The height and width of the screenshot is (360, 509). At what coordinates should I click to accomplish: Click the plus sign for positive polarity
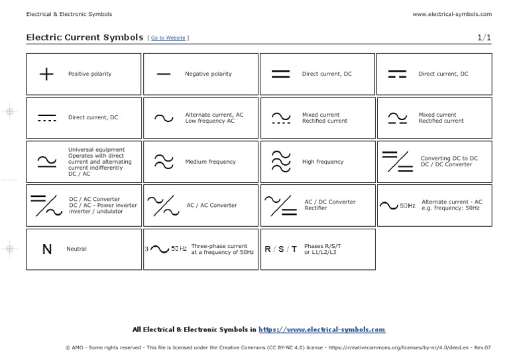[46, 74]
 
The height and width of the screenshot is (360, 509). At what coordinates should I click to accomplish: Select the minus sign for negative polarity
[164, 74]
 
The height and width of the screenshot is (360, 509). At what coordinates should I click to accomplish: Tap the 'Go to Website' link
[168, 38]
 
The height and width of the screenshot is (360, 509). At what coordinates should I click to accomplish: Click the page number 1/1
[484, 38]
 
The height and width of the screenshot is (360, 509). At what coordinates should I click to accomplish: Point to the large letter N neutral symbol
[46, 249]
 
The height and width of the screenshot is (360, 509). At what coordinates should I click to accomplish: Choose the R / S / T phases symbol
[281, 249]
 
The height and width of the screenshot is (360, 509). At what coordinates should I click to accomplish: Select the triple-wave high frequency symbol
[281, 162]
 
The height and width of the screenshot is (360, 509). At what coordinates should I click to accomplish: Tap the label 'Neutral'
[77, 249]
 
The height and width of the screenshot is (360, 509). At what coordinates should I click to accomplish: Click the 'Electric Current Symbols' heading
[84, 38]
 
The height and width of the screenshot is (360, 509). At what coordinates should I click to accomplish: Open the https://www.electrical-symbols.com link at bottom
[321, 329]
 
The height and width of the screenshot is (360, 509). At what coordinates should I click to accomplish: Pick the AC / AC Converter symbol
[163, 206]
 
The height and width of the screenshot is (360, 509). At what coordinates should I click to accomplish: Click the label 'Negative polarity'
[208, 74]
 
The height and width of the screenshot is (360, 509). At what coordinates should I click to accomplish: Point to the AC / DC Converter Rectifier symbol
[280, 206]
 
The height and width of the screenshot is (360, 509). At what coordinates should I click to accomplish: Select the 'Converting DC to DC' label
[449, 158]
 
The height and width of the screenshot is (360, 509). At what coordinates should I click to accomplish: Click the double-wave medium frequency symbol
[164, 162]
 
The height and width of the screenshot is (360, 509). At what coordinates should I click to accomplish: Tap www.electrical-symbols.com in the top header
[452, 14]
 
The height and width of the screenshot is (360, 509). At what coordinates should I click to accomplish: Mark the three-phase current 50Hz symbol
[166, 249]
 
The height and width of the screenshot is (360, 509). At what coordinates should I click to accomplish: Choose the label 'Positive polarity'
[90, 74]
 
